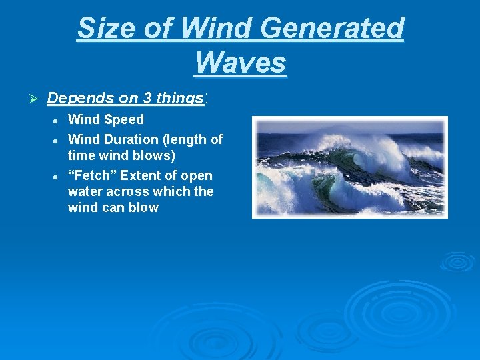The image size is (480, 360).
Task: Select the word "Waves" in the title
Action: [x=241, y=63]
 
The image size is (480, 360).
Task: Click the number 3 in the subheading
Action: [x=146, y=98]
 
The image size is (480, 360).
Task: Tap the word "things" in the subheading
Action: [x=179, y=98]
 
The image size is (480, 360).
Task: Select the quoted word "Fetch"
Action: [x=93, y=175]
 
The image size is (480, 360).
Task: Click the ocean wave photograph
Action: [x=349, y=167]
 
